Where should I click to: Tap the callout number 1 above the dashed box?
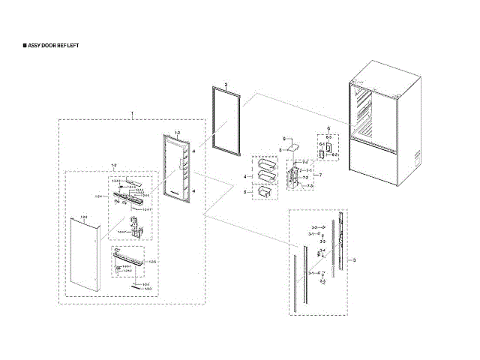133,112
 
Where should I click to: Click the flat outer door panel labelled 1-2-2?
84,255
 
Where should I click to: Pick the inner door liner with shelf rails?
176,169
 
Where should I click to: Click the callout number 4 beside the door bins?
244,175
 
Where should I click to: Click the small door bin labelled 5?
263,193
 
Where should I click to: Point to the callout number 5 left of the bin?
244,193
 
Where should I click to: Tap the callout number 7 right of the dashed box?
322,175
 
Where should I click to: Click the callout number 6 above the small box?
328,130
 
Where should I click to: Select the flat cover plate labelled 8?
291,146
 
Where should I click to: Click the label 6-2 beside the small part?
335,154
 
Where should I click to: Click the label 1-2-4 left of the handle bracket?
98,196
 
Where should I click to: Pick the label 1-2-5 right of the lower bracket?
152,260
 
